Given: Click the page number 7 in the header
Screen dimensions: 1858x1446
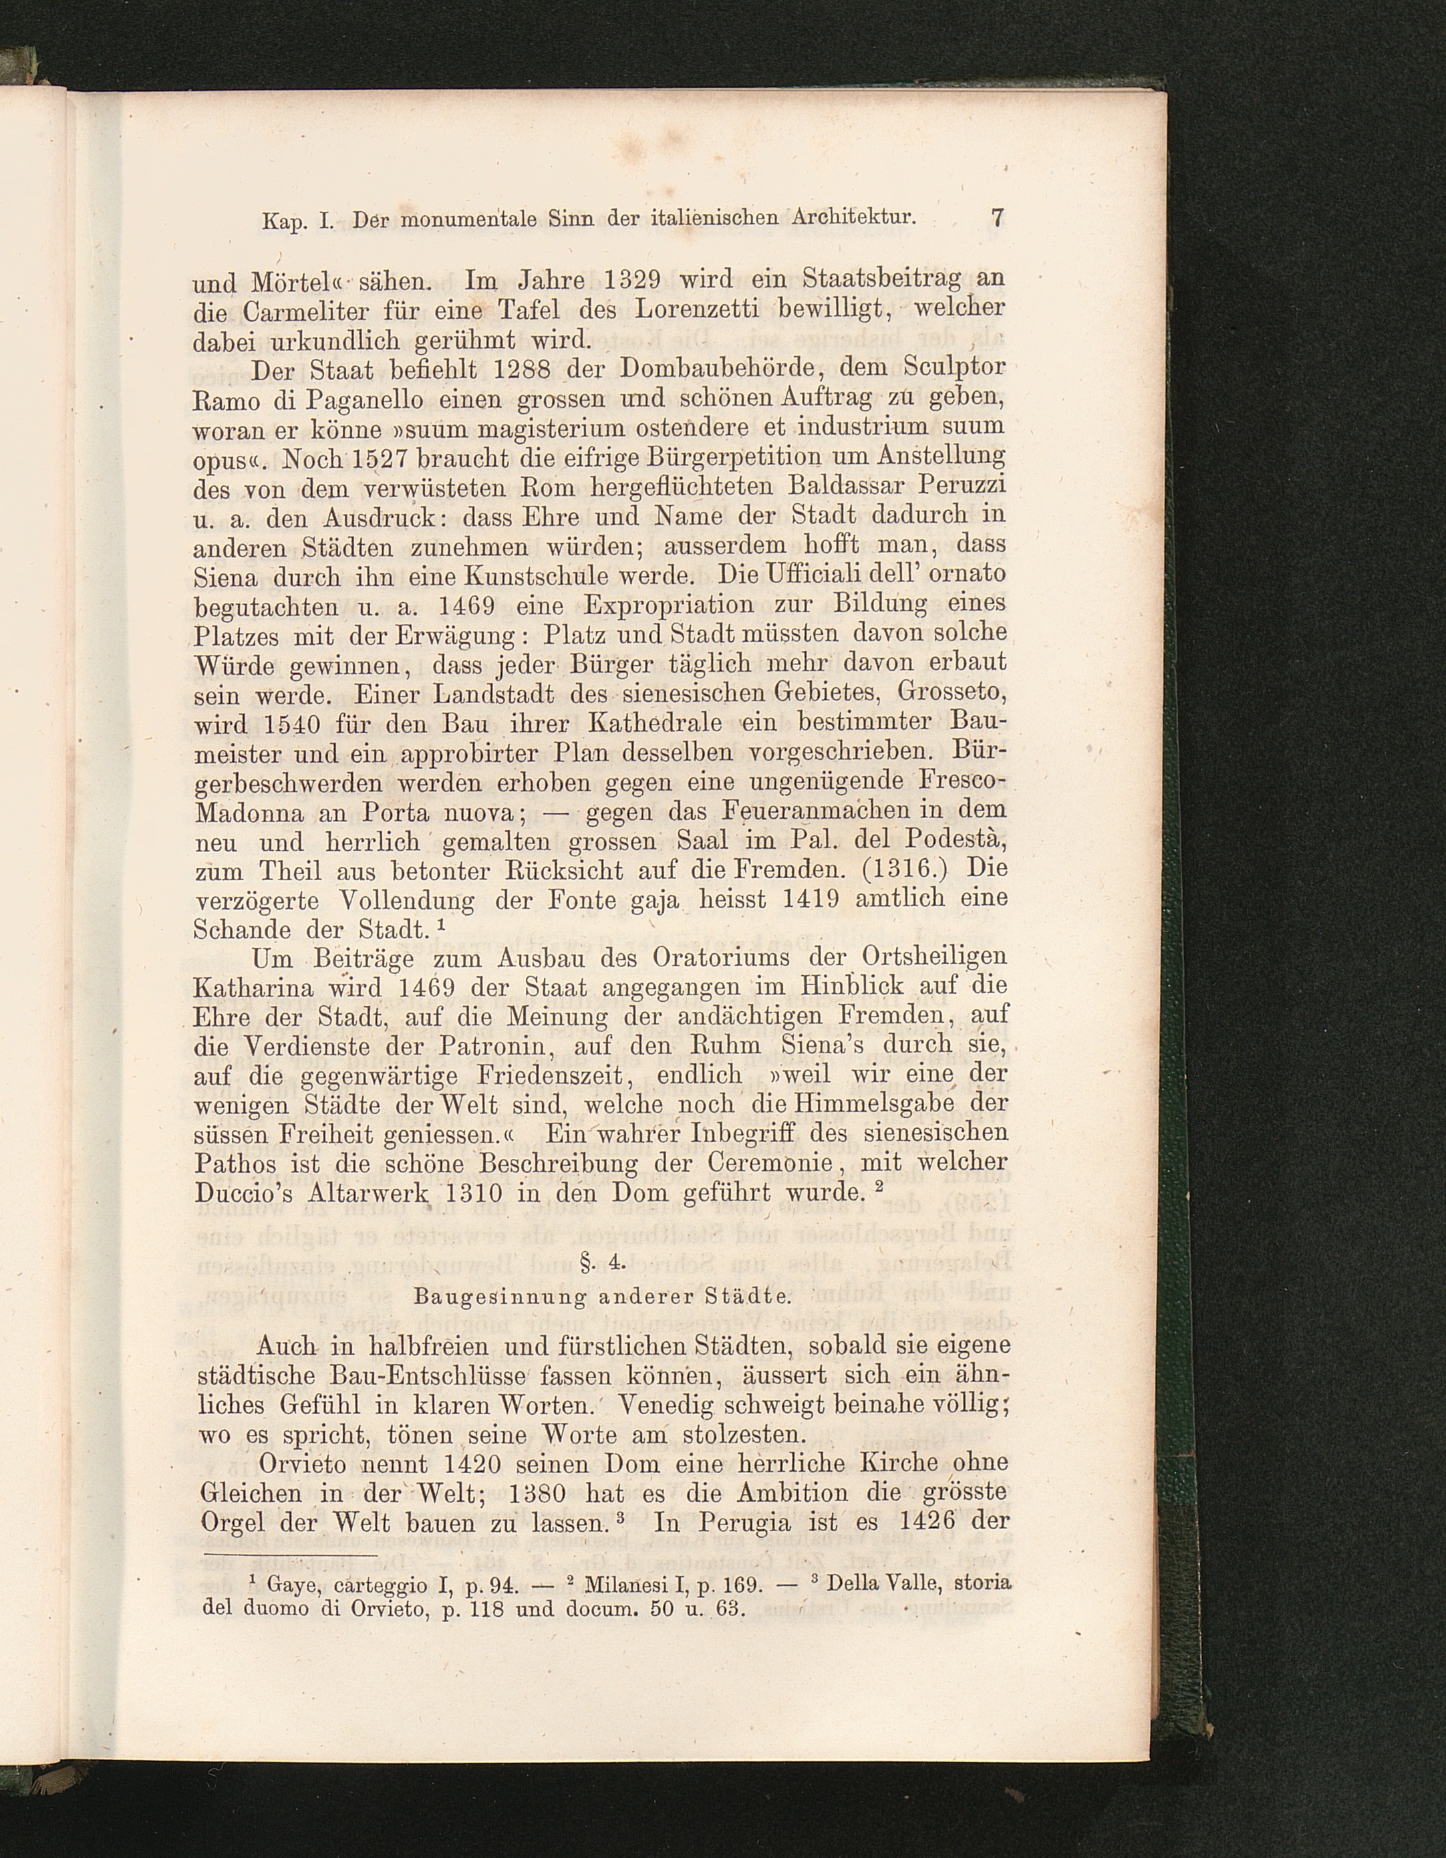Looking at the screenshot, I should [998, 218].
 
